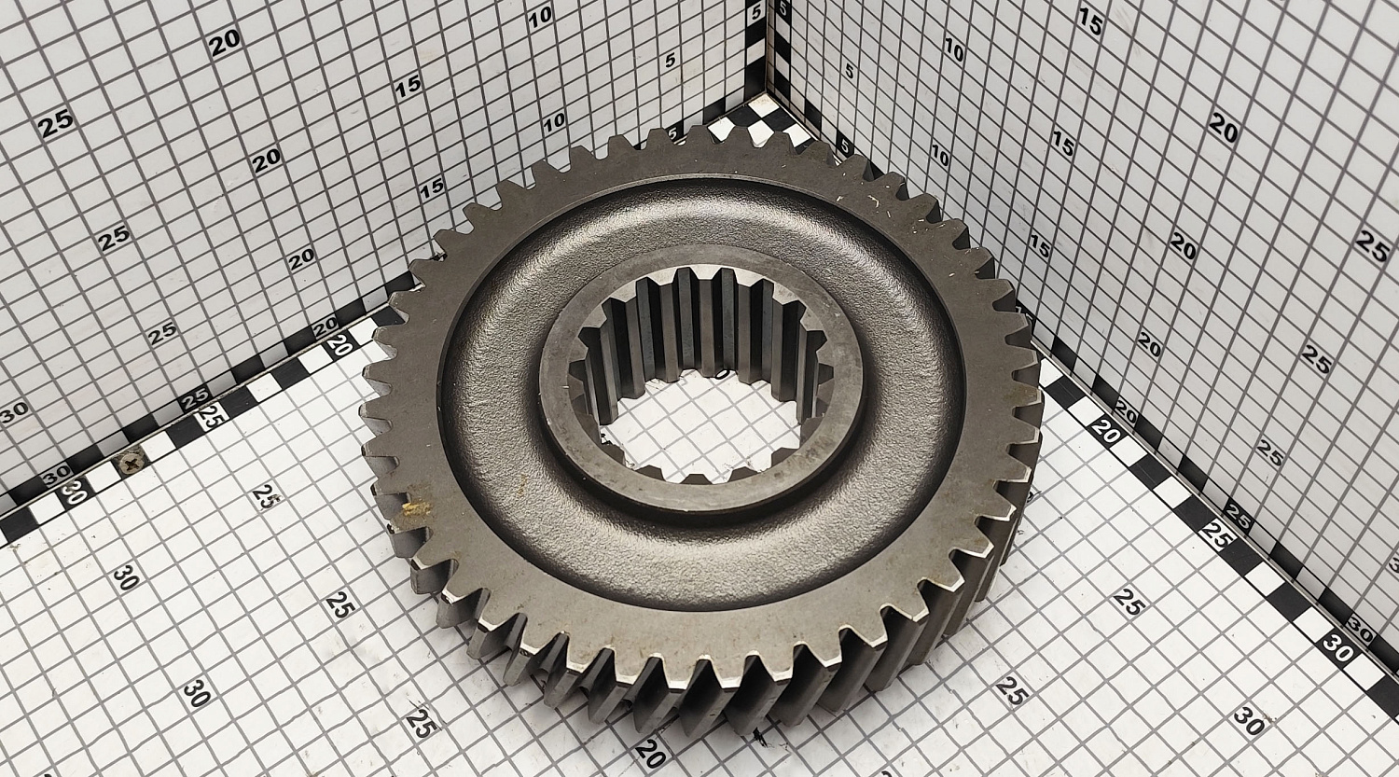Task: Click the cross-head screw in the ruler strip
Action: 132,463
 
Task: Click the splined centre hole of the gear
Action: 701,376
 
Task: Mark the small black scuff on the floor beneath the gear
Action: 759,738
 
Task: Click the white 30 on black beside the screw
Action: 74,493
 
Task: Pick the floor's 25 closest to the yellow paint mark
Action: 267,496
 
